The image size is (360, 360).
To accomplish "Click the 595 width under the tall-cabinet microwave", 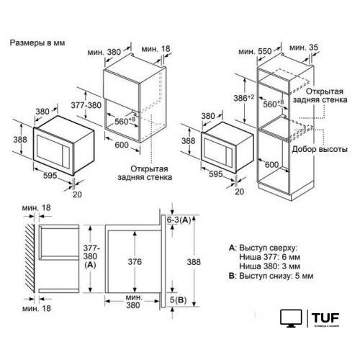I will [215, 174].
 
